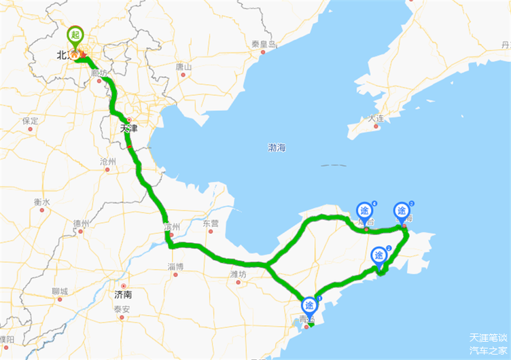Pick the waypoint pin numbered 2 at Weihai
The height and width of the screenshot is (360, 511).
tap(402, 211)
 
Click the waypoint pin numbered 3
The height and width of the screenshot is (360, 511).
tap(378, 255)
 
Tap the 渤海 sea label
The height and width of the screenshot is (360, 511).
tap(277, 147)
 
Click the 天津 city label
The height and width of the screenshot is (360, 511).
tap(128, 128)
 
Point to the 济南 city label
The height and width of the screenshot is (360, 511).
tap(123, 295)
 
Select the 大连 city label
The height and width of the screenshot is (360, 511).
tap(376, 119)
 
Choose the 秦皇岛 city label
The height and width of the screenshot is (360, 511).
tap(264, 44)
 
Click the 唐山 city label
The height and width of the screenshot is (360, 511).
tap(183, 67)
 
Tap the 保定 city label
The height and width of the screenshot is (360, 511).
tap(30, 121)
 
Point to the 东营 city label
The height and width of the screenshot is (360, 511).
tap(211, 223)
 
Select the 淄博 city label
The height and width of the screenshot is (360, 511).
tap(175, 266)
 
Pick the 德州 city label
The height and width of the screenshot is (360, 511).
tap(82, 223)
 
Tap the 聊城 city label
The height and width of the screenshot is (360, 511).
tap(60, 291)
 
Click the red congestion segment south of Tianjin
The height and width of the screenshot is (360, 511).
tap(129, 144)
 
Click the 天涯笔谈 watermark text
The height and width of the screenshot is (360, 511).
tap(488, 338)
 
